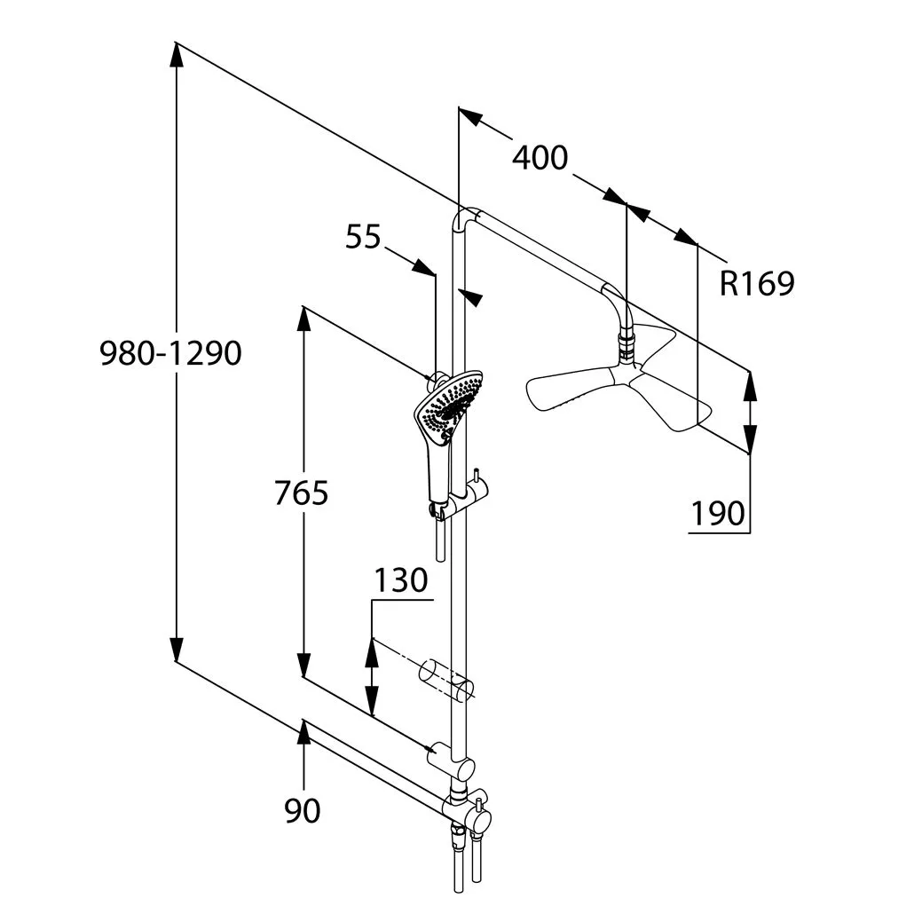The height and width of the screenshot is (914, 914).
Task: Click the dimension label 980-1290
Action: pyautogui.click(x=170, y=354)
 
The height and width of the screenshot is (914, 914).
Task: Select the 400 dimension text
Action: pyautogui.click(x=540, y=158)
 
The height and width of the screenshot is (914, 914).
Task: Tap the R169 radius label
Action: pyautogui.click(x=756, y=284)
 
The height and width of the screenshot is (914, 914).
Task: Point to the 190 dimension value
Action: pyautogui.click(x=718, y=513)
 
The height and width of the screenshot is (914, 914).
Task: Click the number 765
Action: pyautogui.click(x=301, y=493)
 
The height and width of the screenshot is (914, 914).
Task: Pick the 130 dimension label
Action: pyautogui.click(x=400, y=580)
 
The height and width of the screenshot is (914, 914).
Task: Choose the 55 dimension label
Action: pyautogui.click(x=362, y=238)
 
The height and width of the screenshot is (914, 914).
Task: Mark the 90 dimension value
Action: pyautogui.click(x=303, y=810)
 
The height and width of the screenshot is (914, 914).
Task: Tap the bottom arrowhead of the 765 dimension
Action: pyautogui.click(x=303, y=666)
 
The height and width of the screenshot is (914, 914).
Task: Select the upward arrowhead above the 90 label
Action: pyautogui.click(x=303, y=730)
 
